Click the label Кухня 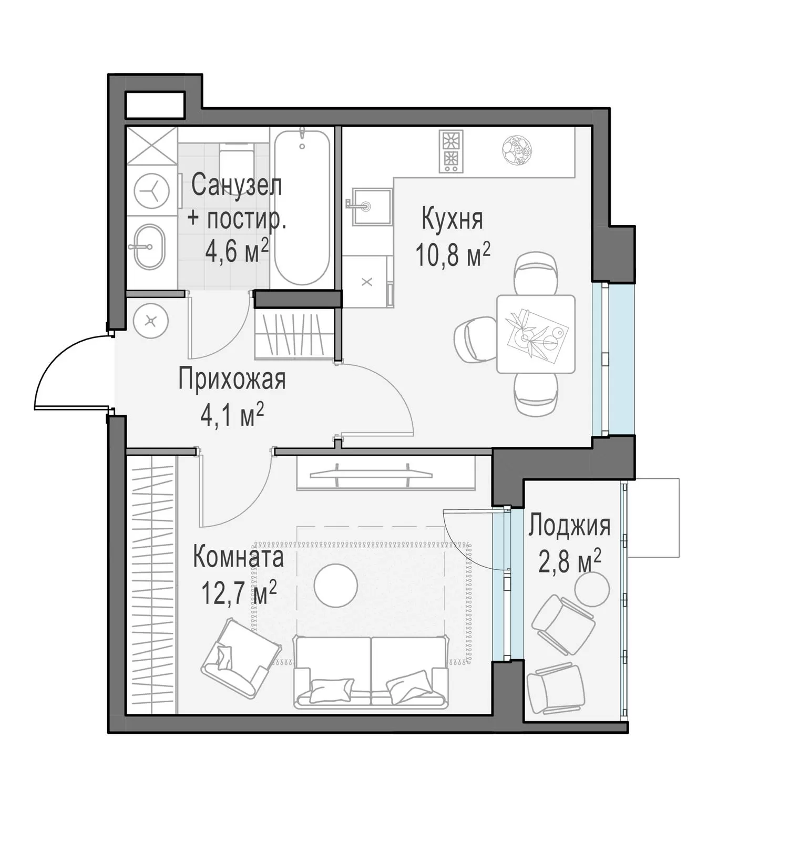[x=452, y=219]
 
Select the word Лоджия [x=569, y=526]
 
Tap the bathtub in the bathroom [x=302, y=207]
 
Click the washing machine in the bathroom [x=152, y=191]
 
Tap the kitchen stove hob [x=452, y=151]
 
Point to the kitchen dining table [x=536, y=334]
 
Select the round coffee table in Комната [x=336, y=586]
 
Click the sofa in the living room [x=371, y=672]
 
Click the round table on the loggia [x=592, y=589]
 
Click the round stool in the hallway [x=151, y=321]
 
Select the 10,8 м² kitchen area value [x=453, y=255]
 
